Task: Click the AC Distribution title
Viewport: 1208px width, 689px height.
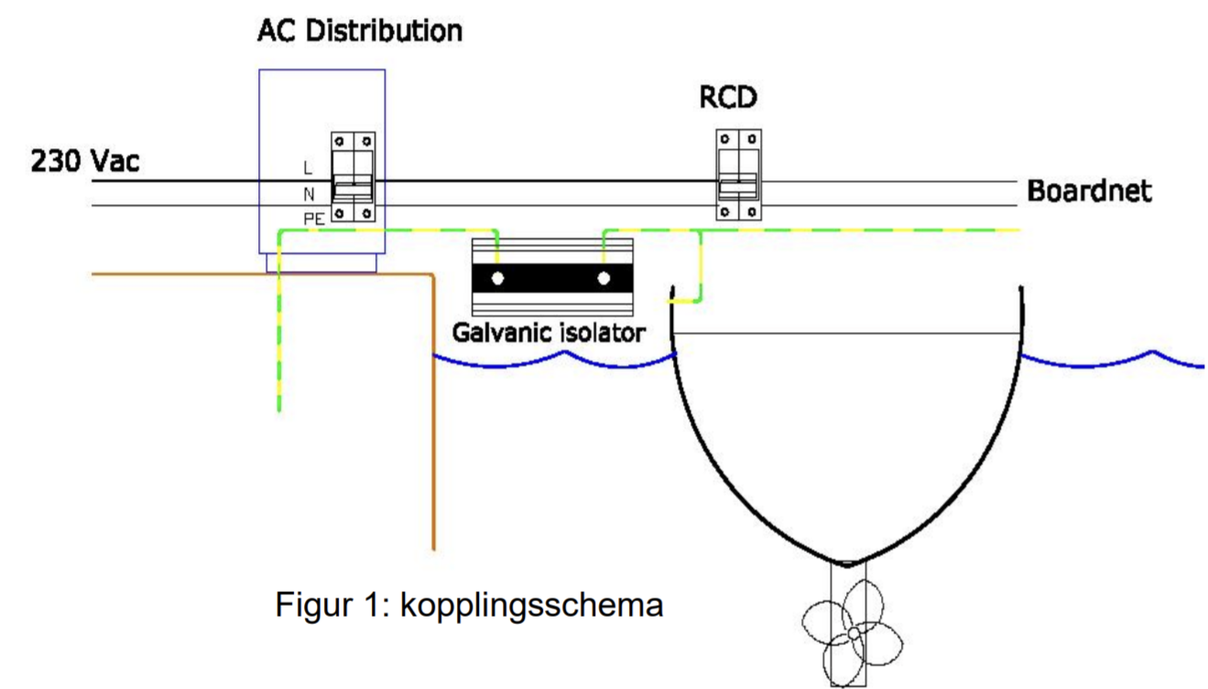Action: pyautogui.click(x=360, y=30)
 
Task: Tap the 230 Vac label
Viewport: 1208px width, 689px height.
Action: pyautogui.click(x=86, y=162)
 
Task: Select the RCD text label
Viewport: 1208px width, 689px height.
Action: pyautogui.click(x=729, y=97)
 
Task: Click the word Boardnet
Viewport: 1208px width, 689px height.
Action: pyautogui.click(x=1089, y=191)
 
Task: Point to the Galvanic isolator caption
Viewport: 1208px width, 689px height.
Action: pyautogui.click(x=550, y=331)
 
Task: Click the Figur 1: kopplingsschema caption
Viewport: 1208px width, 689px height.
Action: pyautogui.click(x=469, y=605)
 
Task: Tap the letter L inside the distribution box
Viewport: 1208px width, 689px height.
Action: pyautogui.click(x=308, y=168)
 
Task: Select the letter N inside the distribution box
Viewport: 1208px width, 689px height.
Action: pyautogui.click(x=309, y=194)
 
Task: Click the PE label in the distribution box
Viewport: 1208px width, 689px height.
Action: pyautogui.click(x=314, y=220)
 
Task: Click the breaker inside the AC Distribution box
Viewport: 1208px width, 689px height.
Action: pyautogui.click(x=353, y=178)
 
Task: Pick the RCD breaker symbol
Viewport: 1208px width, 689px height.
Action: pyautogui.click(x=738, y=176)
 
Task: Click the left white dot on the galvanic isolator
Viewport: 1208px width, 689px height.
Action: pyautogui.click(x=497, y=278)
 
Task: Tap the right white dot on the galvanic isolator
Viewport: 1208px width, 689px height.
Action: pyautogui.click(x=604, y=278)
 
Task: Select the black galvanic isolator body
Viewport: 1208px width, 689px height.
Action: pyautogui.click(x=550, y=278)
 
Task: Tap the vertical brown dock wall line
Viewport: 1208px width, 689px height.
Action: pyautogui.click(x=433, y=412)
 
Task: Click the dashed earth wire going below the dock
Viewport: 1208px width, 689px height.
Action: pyautogui.click(x=278, y=348)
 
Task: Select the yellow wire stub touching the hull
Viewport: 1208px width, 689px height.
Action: pyautogui.click(x=684, y=299)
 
